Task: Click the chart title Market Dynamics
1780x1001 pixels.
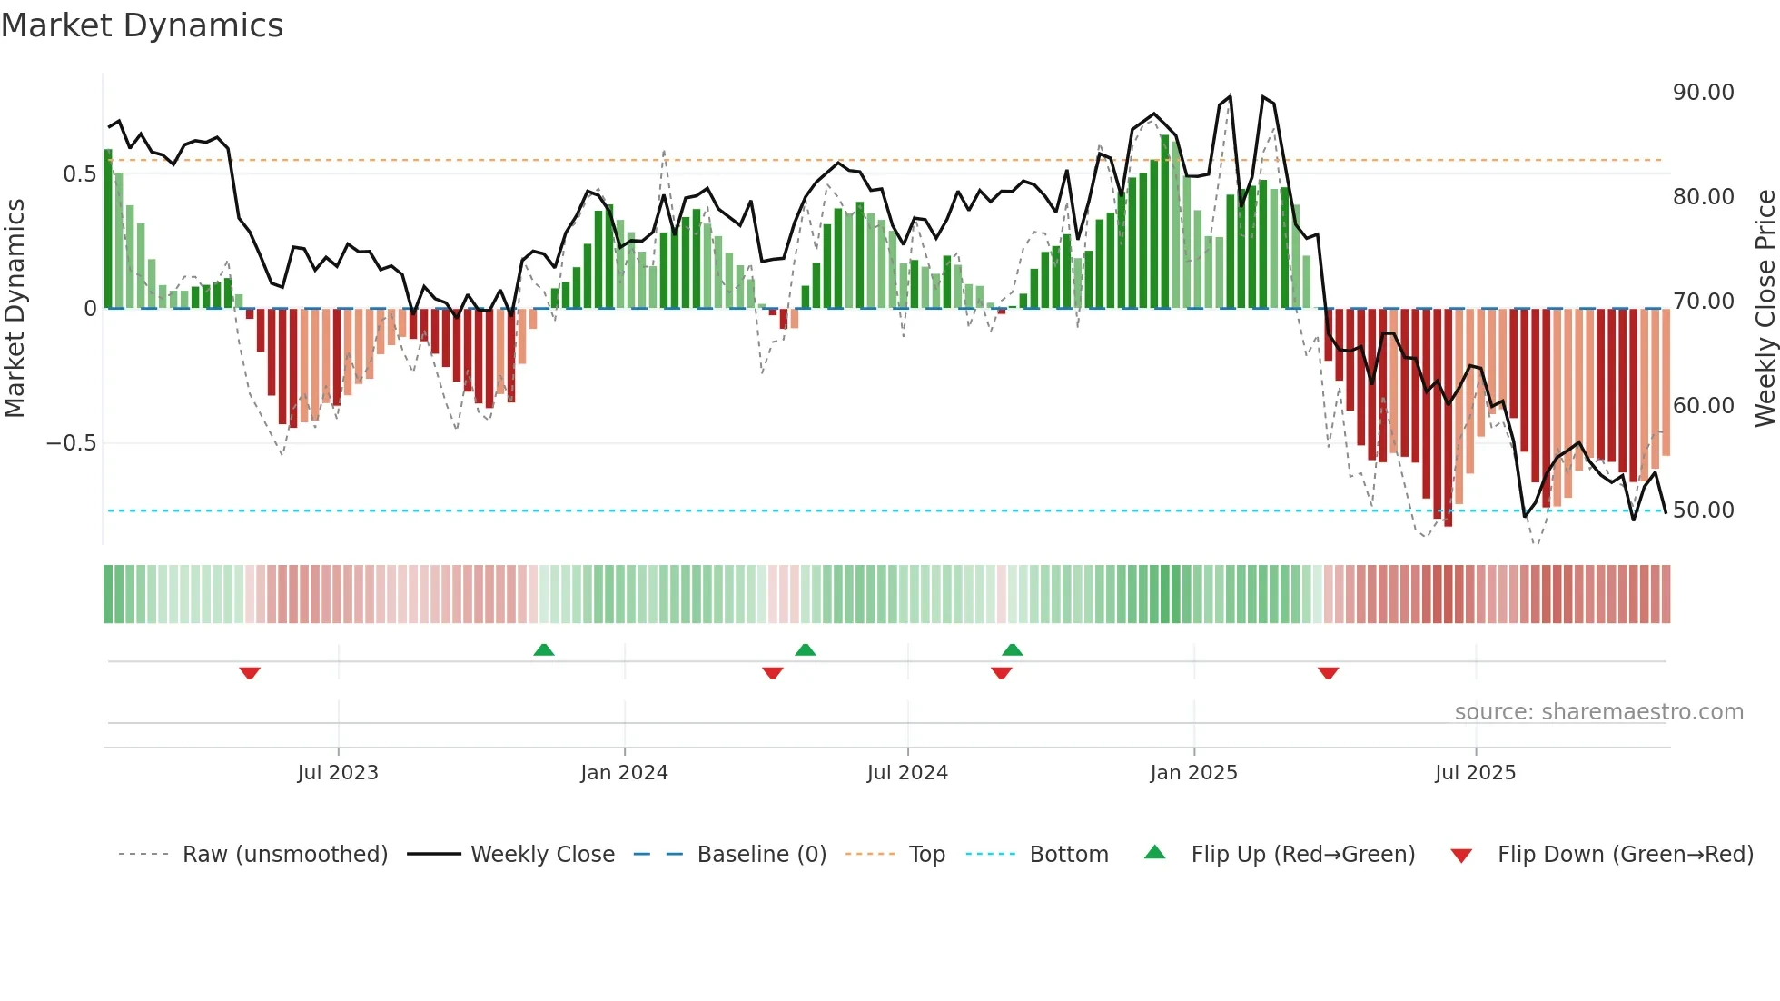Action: point(142,25)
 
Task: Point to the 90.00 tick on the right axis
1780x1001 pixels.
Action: point(1703,93)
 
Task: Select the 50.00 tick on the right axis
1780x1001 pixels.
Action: point(1703,510)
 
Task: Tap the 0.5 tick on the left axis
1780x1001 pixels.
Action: point(79,174)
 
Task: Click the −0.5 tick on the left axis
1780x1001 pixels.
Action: point(71,443)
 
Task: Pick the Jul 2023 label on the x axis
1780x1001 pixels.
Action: point(338,773)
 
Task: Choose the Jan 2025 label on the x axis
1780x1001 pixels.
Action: point(1193,773)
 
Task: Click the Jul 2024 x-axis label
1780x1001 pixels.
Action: point(907,773)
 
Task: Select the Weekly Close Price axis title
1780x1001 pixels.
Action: point(1765,308)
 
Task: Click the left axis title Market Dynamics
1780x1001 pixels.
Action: point(15,308)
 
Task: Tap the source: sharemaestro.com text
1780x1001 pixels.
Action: point(1598,712)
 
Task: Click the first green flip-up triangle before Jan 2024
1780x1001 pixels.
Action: point(544,649)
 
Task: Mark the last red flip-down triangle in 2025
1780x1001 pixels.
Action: point(1328,673)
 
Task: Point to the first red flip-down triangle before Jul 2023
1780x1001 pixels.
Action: point(250,673)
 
